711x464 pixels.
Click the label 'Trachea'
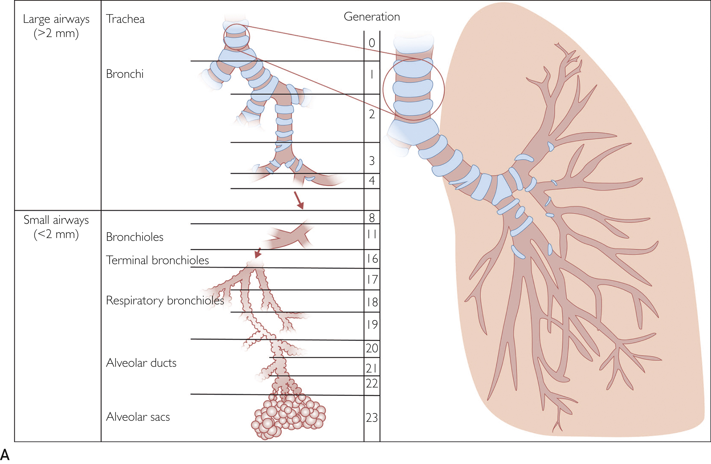point(125,19)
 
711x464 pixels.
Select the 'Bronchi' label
point(125,74)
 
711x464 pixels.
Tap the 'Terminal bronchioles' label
point(157,260)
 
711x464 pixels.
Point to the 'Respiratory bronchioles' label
point(165,300)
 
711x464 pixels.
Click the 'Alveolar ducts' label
point(141,363)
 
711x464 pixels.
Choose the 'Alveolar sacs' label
point(138,417)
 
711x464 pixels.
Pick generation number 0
point(372,43)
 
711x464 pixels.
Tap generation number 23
point(372,418)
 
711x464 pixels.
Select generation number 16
point(372,259)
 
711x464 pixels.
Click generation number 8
point(372,218)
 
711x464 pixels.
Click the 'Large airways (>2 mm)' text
point(56,26)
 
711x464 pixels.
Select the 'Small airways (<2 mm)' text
point(56,227)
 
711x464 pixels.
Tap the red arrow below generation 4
point(299,200)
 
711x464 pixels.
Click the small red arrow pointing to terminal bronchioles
point(258,253)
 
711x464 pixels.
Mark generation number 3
point(372,161)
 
